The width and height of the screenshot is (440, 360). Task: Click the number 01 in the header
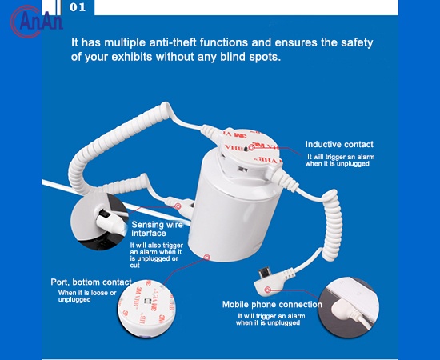click(78, 7)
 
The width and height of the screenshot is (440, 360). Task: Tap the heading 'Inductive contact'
click(339, 145)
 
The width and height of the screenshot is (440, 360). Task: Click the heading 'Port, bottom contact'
click(90, 282)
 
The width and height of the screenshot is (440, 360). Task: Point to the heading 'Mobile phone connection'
click(272, 304)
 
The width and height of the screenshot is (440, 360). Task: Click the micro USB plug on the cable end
click(265, 275)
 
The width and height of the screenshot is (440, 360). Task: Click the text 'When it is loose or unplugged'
click(86, 296)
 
